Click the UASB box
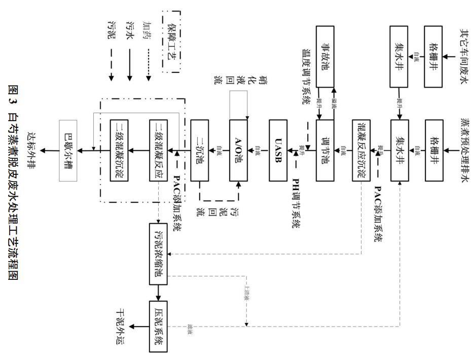[x=278, y=151]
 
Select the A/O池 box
[x=238, y=151]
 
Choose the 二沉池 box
[x=200, y=151]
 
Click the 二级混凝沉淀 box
[x=120, y=151]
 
